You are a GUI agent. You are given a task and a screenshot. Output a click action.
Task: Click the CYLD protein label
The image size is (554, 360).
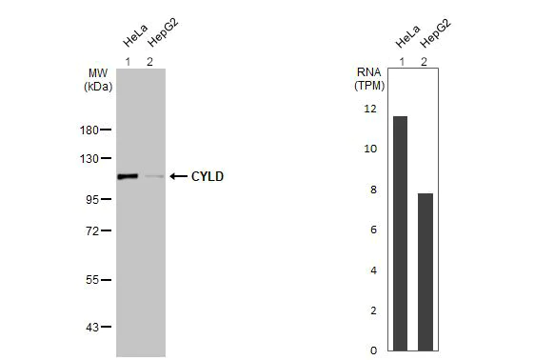(208, 176)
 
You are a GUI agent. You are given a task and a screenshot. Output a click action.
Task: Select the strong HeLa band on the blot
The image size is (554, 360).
(128, 176)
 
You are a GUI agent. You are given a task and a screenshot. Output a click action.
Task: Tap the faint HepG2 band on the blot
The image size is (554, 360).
(152, 176)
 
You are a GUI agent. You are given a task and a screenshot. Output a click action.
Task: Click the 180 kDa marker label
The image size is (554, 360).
(89, 130)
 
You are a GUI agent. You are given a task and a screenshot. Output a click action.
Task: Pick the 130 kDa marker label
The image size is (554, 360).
(89, 158)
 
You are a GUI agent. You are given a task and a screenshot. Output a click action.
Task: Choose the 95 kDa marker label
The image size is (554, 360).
(92, 199)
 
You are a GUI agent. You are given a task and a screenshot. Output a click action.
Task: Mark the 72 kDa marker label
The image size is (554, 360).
(92, 230)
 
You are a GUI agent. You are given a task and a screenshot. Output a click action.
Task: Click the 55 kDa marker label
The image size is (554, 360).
(92, 280)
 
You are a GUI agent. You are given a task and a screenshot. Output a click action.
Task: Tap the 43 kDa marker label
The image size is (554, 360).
(92, 327)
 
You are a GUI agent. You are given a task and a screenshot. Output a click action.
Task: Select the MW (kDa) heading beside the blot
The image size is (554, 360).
(99, 79)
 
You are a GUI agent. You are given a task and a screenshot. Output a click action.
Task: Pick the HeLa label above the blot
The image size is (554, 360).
(134, 38)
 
